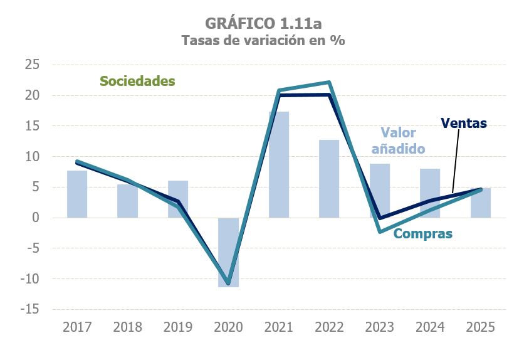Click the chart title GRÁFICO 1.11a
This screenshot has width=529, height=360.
(263, 23)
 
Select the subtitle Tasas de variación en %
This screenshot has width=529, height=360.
(263, 41)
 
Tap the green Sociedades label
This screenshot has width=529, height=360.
(137, 81)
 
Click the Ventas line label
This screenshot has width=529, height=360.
(463, 123)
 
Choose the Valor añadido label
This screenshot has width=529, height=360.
(399, 140)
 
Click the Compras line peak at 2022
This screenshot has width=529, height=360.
(329, 82)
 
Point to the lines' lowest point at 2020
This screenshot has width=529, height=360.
(228, 283)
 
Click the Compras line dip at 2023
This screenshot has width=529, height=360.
(380, 232)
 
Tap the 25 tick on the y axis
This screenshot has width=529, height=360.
(32, 65)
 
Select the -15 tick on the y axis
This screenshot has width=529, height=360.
(29, 309)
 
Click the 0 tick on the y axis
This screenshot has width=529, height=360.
(36, 218)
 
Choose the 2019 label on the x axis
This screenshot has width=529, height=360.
(178, 327)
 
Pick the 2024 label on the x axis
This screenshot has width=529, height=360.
(430, 327)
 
